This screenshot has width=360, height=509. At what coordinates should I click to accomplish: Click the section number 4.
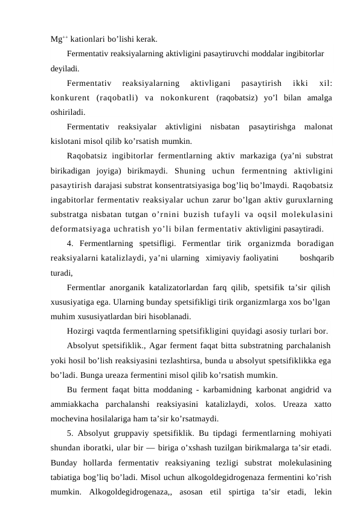tap(71, 244)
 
